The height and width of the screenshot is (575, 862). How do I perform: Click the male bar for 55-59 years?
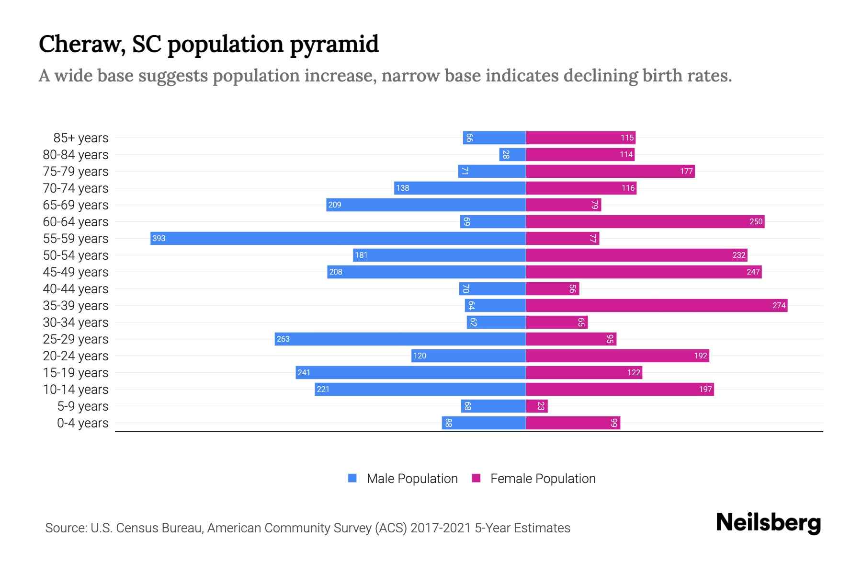(x=338, y=238)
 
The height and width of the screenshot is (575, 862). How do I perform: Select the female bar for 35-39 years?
(x=656, y=305)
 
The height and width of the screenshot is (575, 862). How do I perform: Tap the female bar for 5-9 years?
(x=536, y=406)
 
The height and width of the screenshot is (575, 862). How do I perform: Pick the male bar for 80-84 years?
(x=512, y=154)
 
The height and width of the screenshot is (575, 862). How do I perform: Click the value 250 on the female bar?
(x=756, y=221)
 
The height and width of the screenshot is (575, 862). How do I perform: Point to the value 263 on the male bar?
(x=283, y=339)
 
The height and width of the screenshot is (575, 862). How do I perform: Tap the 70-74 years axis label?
(x=76, y=188)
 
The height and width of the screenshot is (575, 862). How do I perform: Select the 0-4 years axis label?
(x=82, y=423)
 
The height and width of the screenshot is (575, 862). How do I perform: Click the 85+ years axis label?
(x=81, y=138)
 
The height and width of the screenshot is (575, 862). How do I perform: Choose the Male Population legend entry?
(x=412, y=479)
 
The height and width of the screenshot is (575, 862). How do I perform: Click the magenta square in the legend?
(x=476, y=478)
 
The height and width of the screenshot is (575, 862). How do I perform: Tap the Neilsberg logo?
(x=768, y=523)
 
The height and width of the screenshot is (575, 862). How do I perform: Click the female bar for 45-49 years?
(x=644, y=272)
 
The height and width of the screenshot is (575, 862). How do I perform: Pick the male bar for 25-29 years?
(x=400, y=339)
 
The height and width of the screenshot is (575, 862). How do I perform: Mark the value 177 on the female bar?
(x=686, y=171)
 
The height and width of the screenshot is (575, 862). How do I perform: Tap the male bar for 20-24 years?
(x=468, y=356)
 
